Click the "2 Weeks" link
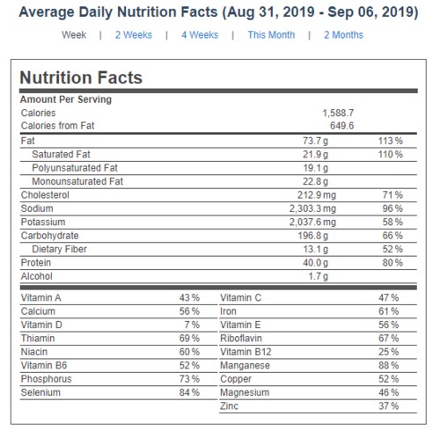pos(134,35)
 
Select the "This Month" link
pos(271,35)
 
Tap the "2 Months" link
pos(343,35)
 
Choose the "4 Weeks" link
pos(200,35)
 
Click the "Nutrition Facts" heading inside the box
pos(81,77)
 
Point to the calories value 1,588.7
pos(338,113)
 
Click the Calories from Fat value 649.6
pos(342,126)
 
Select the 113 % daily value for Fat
pos(391,141)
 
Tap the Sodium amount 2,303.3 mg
pos(312,208)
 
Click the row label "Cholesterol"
pos(45,195)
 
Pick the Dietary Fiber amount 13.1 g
pos(316,249)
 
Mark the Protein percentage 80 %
pos(392,263)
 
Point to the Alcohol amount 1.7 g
pos(319,276)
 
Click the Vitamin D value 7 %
pos(192,325)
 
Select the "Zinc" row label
pos(230,406)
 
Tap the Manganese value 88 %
pos(389,366)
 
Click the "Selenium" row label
pos(40,392)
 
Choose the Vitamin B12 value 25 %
pos(389,352)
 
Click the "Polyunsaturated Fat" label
pos(75,168)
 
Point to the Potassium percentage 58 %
pos(392,223)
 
